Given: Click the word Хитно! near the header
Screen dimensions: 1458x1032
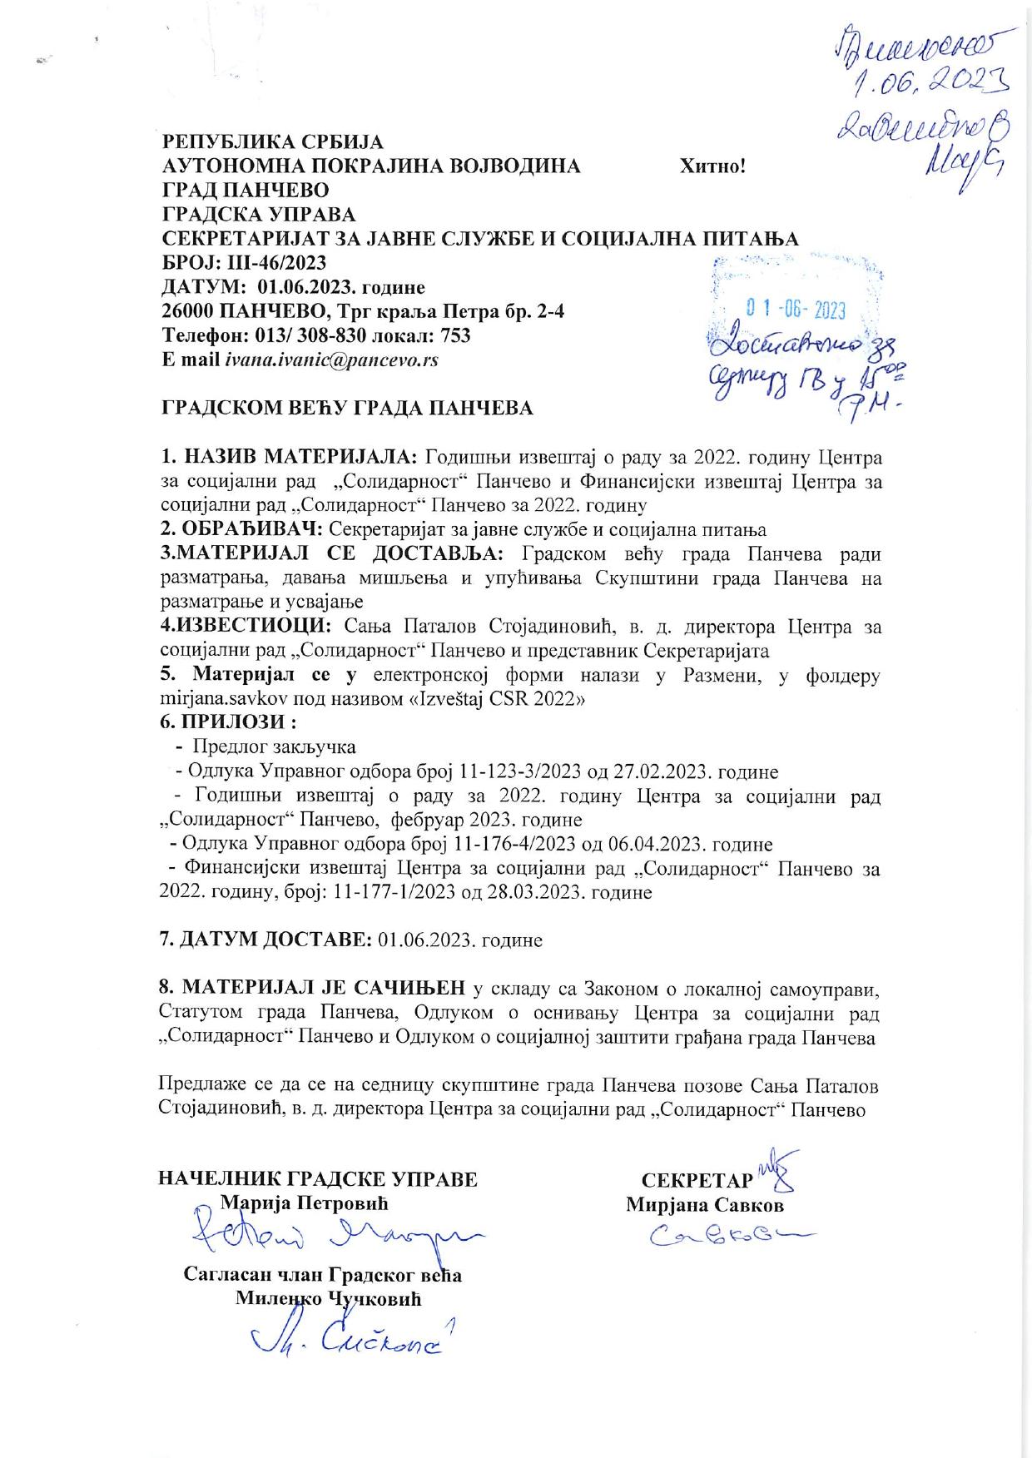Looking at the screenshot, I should coord(712,166).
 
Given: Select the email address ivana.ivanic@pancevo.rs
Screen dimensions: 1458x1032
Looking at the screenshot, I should coord(331,360).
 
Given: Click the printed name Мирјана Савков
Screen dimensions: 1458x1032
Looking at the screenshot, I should coord(705,1204).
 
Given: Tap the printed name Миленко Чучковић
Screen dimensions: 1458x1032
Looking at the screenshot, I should coord(329,1298).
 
